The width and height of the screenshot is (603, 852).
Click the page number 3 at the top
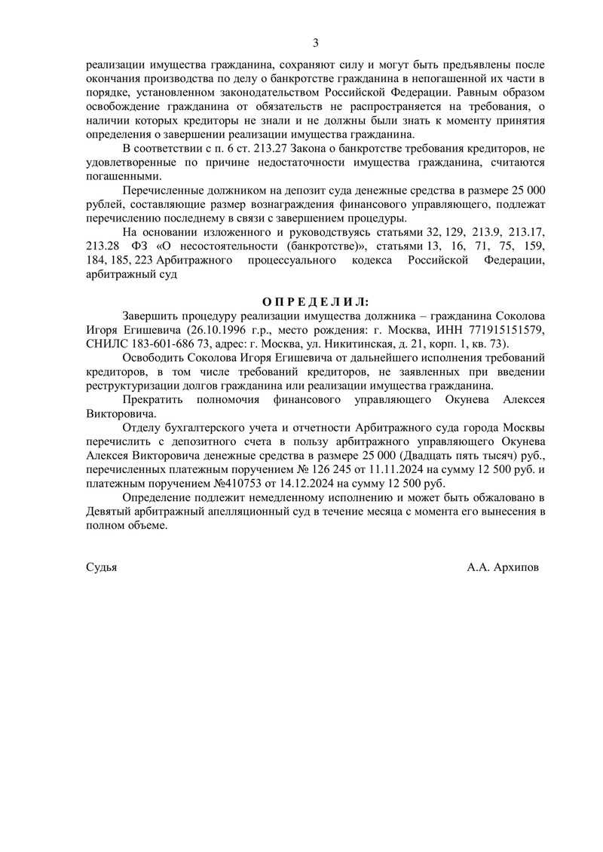316,42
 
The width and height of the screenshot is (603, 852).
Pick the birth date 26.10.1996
219,331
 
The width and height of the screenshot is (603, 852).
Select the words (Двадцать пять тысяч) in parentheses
442,456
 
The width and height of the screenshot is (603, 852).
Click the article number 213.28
104,246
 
